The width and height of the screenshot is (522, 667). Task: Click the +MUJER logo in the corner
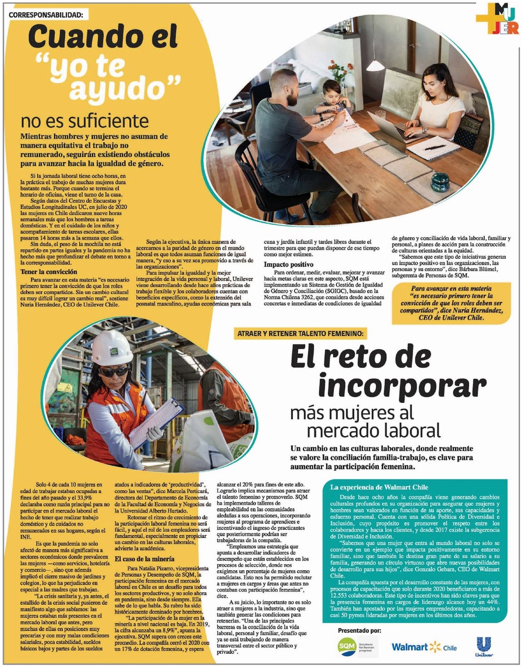[x=497, y=20]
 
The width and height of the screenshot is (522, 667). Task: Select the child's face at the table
[x=330, y=93]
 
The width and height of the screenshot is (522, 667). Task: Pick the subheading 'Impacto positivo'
[x=289, y=264]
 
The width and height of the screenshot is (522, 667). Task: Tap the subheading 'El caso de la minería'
[x=144, y=559]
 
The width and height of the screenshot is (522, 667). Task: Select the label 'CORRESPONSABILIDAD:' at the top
[x=46, y=15]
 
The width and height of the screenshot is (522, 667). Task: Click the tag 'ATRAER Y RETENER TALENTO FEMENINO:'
[x=300, y=334]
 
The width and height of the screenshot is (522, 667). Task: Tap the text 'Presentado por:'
[x=359, y=631]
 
